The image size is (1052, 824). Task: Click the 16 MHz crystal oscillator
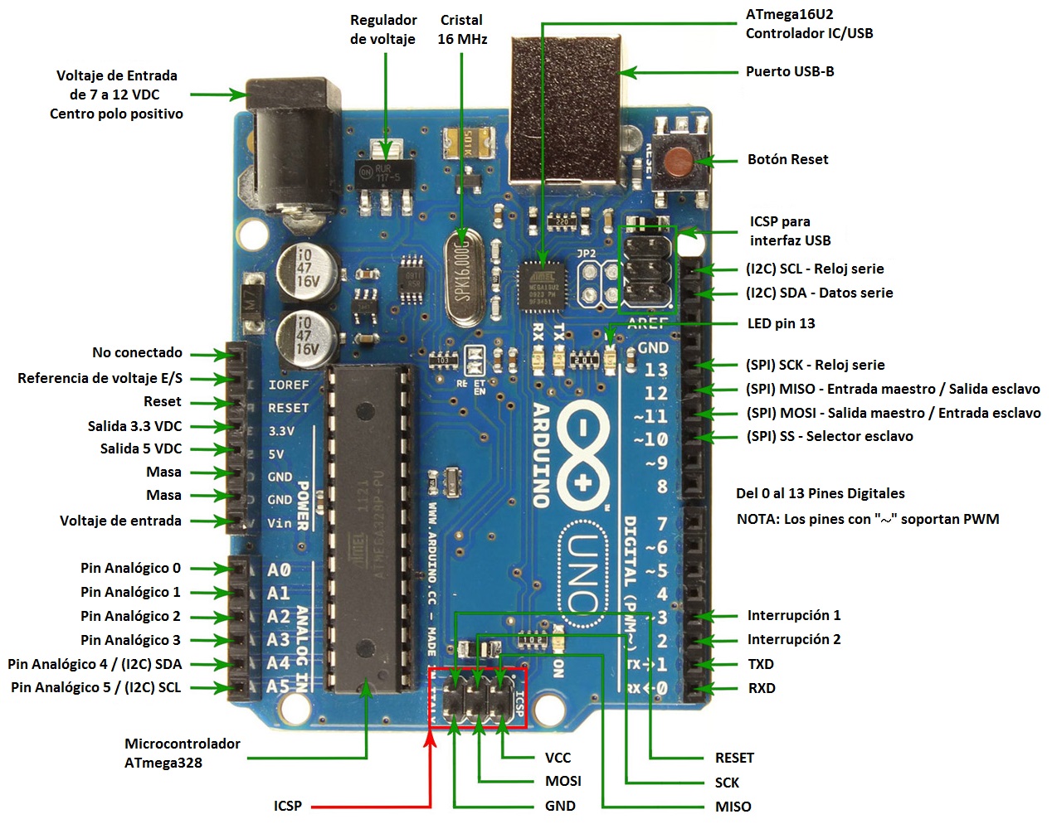pyautogui.click(x=463, y=278)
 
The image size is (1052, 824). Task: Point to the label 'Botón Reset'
pyautogui.click(x=787, y=159)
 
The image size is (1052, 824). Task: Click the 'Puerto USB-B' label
pyautogui.click(x=789, y=71)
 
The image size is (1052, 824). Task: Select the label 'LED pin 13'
pyautogui.click(x=781, y=323)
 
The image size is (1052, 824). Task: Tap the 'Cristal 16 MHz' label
pyautogui.click(x=462, y=29)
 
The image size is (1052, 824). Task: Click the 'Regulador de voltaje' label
pyautogui.click(x=382, y=29)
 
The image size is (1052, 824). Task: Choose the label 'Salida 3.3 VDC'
pyautogui.click(x=134, y=426)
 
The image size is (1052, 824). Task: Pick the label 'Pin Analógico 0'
pyautogui.click(x=130, y=568)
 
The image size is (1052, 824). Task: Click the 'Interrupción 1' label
pyautogui.click(x=793, y=615)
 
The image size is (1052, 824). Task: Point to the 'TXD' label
pyautogui.click(x=760, y=664)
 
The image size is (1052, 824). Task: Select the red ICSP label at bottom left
pyautogui.click(x=288, y=806)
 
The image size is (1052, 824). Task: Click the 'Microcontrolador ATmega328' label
pyautogui.click(x=182, y=753)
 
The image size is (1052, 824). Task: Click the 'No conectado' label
pyautogui.click(x=137, y=352)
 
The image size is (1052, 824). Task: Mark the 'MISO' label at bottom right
pyautogui.click(x=733, y=807)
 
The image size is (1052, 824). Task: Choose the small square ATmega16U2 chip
pyautogui.click(x=543, y=287)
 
